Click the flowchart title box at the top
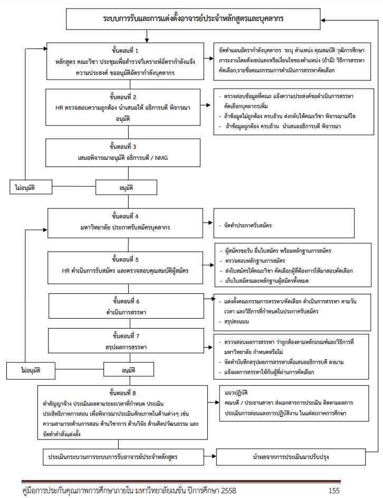pyautogui.click(x=193, y=19)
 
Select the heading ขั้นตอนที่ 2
pyautogui.click(x=125, y=98)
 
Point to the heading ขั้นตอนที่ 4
pyautogui.click(x=125, y=216)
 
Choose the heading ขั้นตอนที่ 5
pyautogui.click(x=125, y=260)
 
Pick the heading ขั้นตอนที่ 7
pyautogui.click(x=125, y=336)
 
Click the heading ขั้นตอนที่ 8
pyautogui.click(x=125, y=392)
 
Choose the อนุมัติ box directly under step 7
pyautogui.click(x=129, y=370)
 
